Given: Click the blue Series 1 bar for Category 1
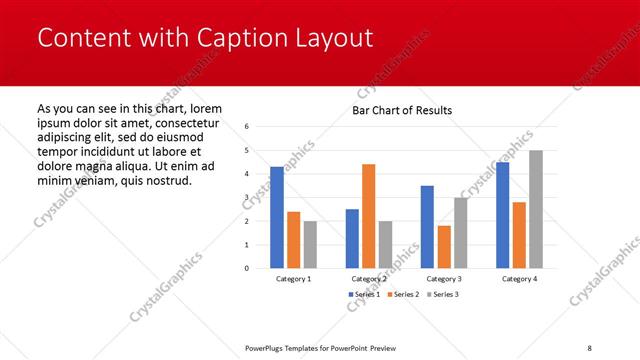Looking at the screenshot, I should (x=277, y=217).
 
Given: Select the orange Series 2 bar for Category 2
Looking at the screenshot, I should (x=369, y=216).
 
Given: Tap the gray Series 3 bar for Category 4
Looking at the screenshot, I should (x=536, y=209).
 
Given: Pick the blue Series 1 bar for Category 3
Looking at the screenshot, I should (x=427, y=227).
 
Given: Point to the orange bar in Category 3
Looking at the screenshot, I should (x=444, y=247).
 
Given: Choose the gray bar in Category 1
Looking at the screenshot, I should (x=310, y=244).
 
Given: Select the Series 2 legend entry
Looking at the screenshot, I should (x=402, y=295).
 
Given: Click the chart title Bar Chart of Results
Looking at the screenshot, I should (x=402, y=110).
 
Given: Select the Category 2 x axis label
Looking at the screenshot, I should (x=369, y=279).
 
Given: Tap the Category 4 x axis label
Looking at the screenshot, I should (x=519, y=279).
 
